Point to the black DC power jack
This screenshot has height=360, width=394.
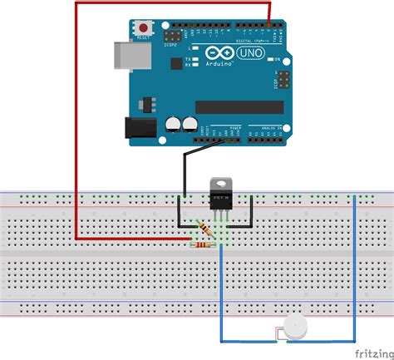138,127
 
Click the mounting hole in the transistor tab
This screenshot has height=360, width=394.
221,180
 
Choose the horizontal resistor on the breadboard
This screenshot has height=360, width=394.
203,244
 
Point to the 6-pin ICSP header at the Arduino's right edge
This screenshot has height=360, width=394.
283,80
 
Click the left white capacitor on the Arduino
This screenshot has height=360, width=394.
172,123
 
